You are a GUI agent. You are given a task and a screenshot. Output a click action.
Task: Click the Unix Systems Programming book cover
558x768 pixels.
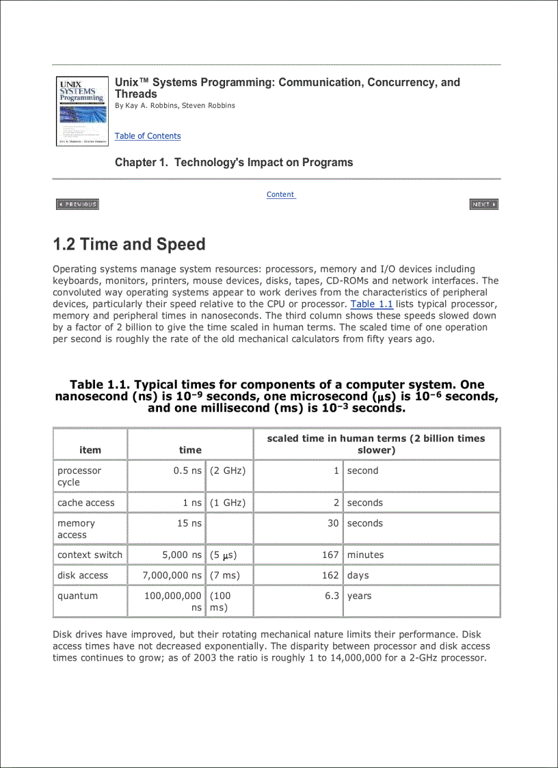82,111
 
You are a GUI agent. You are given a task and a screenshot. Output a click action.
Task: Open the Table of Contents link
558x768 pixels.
148,136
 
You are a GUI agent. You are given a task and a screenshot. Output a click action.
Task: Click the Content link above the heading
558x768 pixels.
280,194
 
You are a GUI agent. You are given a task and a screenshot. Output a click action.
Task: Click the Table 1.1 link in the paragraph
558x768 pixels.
371,304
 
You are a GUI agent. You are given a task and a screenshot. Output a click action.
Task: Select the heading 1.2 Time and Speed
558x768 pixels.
129,244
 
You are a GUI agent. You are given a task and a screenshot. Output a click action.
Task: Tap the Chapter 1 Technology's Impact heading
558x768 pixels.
234,162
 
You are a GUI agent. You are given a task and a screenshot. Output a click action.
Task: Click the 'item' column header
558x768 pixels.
90,450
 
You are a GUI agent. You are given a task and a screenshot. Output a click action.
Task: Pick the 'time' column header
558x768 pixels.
190,450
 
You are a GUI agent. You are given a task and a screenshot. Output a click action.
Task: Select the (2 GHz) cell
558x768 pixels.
228,471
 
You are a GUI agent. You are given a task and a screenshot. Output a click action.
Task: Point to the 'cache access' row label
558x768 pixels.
86,503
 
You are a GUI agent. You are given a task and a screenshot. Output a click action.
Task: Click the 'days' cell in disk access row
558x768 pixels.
358,575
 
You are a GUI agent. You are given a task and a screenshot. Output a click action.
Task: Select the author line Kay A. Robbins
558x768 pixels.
175,105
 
